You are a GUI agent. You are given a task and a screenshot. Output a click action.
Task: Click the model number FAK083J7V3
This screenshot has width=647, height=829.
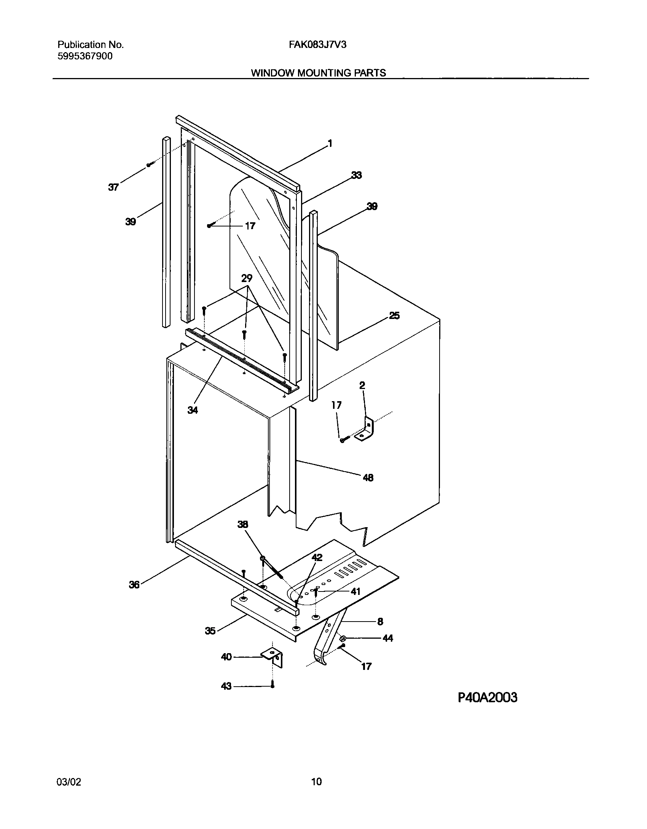click(317, 45)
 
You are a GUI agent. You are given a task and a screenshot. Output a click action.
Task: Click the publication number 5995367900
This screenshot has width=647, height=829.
click(85, 56)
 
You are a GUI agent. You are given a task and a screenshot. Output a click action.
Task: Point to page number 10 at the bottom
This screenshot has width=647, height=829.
click(316, 782)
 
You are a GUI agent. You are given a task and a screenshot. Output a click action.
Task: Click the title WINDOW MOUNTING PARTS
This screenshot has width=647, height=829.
click(318, 73)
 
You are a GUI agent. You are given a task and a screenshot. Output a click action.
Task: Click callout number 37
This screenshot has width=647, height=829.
click(113, 187)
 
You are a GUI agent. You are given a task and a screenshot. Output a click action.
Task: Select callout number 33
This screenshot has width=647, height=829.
click(356, 175)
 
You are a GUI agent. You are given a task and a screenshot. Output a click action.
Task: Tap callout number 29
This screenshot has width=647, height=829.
click(247, 279)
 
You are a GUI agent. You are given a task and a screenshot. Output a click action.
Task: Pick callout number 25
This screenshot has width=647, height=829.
click(394, 316)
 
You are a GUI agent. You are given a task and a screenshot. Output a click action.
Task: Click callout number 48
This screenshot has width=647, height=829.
click(368, 477)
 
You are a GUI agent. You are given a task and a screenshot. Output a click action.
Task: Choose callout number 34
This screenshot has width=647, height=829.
click(193, 410)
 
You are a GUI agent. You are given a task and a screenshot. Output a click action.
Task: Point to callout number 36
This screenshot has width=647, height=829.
click(134, 585)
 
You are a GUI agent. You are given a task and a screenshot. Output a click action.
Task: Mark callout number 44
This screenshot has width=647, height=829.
click(387, 638)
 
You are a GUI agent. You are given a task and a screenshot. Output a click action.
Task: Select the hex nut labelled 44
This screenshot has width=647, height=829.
click(342, 638)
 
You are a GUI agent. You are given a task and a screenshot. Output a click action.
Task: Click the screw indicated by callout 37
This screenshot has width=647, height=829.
click(150, 164)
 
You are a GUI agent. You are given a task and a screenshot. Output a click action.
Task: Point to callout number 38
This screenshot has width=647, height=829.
click(242, 525)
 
